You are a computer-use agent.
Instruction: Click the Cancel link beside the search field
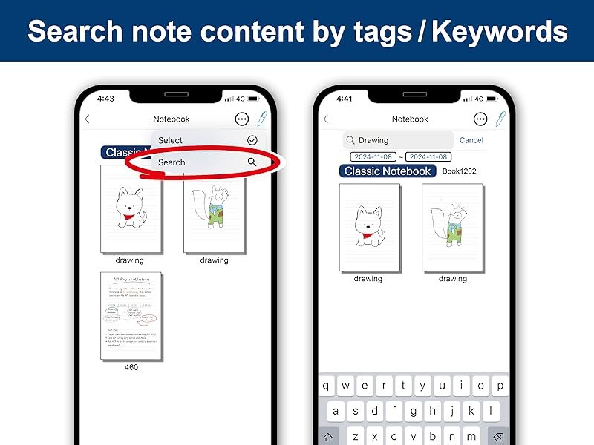point(471,140)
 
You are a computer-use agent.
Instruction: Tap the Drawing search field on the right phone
point(399,140)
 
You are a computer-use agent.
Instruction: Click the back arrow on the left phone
point(88,119)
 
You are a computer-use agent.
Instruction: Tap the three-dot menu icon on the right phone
point(480,119)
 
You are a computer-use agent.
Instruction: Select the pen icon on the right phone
point(501,119)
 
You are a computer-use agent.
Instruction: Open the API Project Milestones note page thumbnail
point(131,316)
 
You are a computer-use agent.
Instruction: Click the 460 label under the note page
point(131,367)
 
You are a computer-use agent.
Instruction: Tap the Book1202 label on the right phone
point(460,171)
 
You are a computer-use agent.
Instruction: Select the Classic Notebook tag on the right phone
point(388,171)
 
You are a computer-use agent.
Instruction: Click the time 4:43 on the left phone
point(105,99)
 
